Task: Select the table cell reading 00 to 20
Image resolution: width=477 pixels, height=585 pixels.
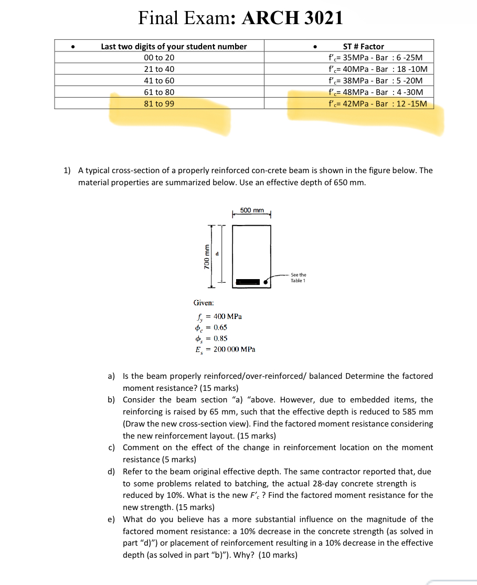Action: click(x=159, y=58)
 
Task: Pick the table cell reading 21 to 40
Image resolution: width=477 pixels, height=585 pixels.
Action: click(x=159, y=69)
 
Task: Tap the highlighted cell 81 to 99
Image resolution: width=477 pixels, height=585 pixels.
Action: click(x=159, y=104)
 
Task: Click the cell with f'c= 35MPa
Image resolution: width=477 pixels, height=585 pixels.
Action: click(x=375, y=58)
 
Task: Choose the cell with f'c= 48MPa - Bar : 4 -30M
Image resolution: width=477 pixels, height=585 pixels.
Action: click(x=375, y=92)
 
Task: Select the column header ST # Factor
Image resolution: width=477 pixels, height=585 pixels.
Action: click(x=363, y=46)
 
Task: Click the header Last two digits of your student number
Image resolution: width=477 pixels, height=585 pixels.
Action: click(x=174, y=46)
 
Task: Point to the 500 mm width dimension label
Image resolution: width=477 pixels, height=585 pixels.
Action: click(x=251, y=210)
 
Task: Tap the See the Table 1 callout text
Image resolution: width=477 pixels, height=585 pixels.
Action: click(x=298, y=278)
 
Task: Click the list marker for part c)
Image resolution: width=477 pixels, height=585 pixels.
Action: click(x=111, y=448)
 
